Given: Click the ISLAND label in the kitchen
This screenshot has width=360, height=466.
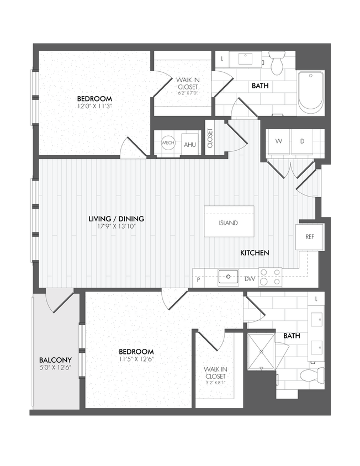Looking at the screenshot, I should [x=229, y=223].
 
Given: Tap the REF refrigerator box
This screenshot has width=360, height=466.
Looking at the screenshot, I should [x=310, y=236].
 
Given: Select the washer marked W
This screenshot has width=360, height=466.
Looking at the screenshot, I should [x=279, y=141].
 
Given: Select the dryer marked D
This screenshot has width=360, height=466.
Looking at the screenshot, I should [x=302, y=141].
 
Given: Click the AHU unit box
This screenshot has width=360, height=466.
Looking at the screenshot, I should [x=189, y=144].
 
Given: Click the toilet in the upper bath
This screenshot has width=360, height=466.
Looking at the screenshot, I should [x=277, y=63].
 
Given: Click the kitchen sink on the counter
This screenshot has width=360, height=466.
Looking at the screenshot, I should [x=227, y=277].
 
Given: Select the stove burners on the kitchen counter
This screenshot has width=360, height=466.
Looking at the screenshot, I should [x=271, y=277].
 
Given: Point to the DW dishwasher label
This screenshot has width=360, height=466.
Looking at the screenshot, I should [x=250, y=279].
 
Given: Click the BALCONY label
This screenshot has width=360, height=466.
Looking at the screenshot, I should [x=56, y=359].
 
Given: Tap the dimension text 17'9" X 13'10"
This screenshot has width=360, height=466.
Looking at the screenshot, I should [x=116, y=226].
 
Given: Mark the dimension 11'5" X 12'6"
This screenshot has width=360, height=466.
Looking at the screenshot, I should [x=136, y=360].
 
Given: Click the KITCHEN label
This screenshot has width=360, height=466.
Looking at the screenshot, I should [x=255, y=253].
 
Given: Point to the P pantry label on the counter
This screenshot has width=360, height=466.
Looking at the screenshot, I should [x=198, y=279].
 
